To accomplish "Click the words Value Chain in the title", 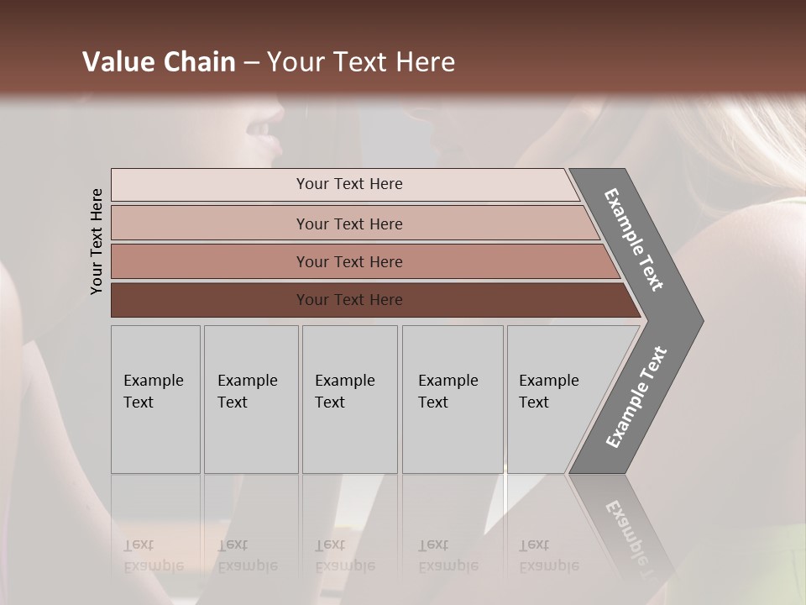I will pyautogui.click(x=159, y=62).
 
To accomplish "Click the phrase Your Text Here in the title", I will pyautogui.click(x=361, y=62).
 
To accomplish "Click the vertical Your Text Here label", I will pyautogui.click(x=97, y=241).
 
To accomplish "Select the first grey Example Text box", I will pyautogui.click(x=155, y=399).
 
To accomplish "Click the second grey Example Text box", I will pyautogui.click(x=251, y=399).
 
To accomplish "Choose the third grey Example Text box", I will pyautogui.click(x=349, y=399).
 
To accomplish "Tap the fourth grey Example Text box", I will pyautogui.click(x=452, y=399).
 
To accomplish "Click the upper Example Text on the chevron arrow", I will pyautogui.click(x=634, y=239).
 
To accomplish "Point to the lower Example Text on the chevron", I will pyautogui.click(x=636, y=397).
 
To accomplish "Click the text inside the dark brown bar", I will pyautogui.click(x=349, y=300).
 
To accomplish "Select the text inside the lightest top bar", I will pyautogui.click(x=349, y=184).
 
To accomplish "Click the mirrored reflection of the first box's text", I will pyautogui.click(x=153, y=555).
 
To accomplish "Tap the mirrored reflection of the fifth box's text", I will pyautogui.click(x=548, y=555).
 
